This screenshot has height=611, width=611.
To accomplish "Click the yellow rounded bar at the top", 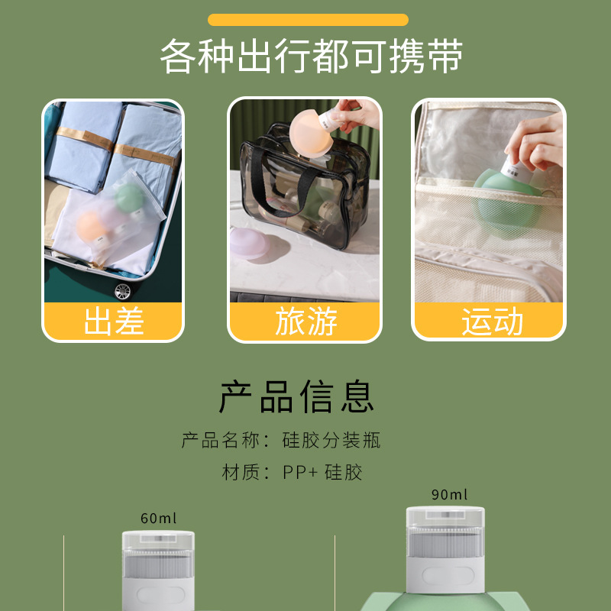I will pyautogui.click(x=308, y=20).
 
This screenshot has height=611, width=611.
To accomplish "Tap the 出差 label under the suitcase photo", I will pyautogui.click(x=113, y=322).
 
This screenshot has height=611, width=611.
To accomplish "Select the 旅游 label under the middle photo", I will pyautogui.click(x=305, y=322).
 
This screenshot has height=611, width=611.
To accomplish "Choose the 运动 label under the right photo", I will pyautogui.click(x=491, y=322).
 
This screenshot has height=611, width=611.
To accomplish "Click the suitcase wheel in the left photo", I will pyautogui.click(x=121, y=290).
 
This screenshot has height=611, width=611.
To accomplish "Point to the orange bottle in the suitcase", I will pyautogui.click(x=91, y=225).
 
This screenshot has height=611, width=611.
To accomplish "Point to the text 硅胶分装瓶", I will pyautogui.click(x=331, y=441).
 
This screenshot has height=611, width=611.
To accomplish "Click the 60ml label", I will pyautogui.click(x=158, y=519).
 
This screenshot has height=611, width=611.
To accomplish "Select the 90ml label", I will pyautogui.click(x=449, y=495).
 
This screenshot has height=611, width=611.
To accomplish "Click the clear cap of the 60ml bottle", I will pyautogui.click(x=158, y=550).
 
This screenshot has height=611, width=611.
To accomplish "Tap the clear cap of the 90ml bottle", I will pyautogui.click(x=445, y=531).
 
